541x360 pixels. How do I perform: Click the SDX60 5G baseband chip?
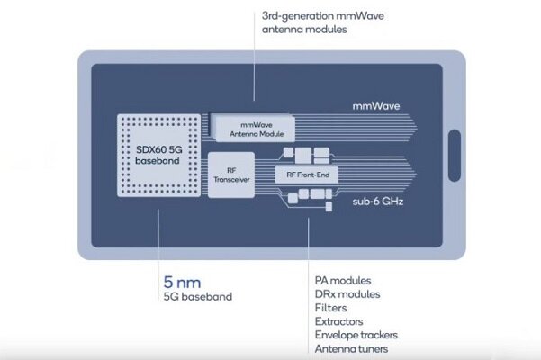(x=158, y=157)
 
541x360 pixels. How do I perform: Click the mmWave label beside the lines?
(x=374, y=105)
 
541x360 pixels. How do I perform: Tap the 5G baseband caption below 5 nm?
(x=197, y=296)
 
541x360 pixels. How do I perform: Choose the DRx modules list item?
(x=347, y=294)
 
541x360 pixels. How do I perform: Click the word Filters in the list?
(x=330, y=308)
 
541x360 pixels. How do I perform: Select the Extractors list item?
(x=339, y=321)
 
